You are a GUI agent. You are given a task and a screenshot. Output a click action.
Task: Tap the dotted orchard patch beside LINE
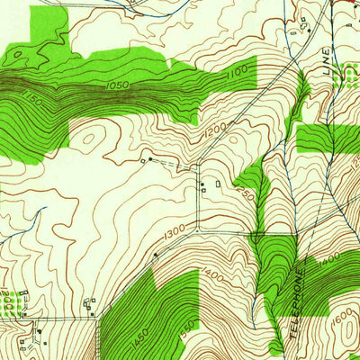tap(342, 80)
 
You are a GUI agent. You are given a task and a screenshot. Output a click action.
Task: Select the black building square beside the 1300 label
tap(156, 255)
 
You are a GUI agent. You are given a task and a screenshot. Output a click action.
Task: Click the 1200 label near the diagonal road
tap(214, 132)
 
